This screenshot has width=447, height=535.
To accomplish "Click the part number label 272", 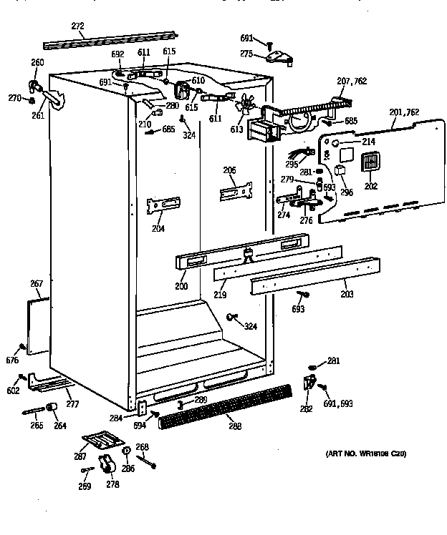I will [77, 26].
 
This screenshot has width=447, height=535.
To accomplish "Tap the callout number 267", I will [37, 284].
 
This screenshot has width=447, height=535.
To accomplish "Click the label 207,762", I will [351, 82].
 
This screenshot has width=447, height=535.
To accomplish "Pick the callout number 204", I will [158, 229].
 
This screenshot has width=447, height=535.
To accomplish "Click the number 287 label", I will [82, 457].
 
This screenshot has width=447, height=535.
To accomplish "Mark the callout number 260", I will [37, 62].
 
